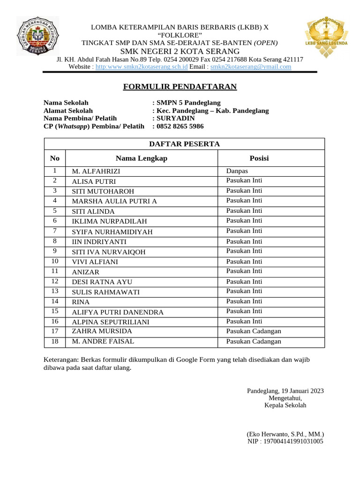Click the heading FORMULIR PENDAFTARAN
pos(180,87)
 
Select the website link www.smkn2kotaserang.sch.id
pos(142,67)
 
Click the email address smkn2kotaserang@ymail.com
pos(251,67)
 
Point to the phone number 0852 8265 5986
pos(180,127)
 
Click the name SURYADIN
pos(176,119)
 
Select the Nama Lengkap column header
pos(141,158)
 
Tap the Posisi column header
pos(259,158)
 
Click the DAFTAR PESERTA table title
pos(184,144)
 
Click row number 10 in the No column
pos(55,261)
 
